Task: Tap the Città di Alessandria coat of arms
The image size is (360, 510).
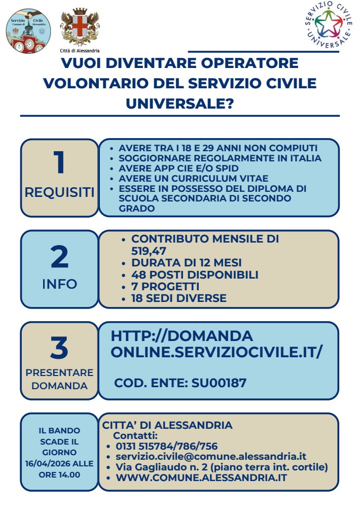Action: pos(79,27)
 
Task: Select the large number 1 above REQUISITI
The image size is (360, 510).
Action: pos(59,163)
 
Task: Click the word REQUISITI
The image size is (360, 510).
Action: pos(59,193)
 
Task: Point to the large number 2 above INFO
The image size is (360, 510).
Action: pos(59,257)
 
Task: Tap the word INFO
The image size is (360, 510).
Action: pos(59,284)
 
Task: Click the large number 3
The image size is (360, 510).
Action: pos(59,349)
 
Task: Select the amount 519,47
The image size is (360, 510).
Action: pos(149,251)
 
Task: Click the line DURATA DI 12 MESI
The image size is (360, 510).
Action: pos(186,263)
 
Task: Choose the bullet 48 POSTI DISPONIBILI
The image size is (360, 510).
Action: pos(195,275)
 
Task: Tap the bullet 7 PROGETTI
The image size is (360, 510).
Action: pos(165,287)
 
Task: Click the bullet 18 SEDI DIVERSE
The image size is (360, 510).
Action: pos(178,298)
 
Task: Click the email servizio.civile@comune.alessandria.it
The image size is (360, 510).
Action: pos(211,457)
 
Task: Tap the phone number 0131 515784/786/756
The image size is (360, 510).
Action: pos(167,447)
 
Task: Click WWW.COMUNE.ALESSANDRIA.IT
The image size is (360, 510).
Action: pos(201,478)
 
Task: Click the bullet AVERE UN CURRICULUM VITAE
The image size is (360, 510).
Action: pos(194,178)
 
